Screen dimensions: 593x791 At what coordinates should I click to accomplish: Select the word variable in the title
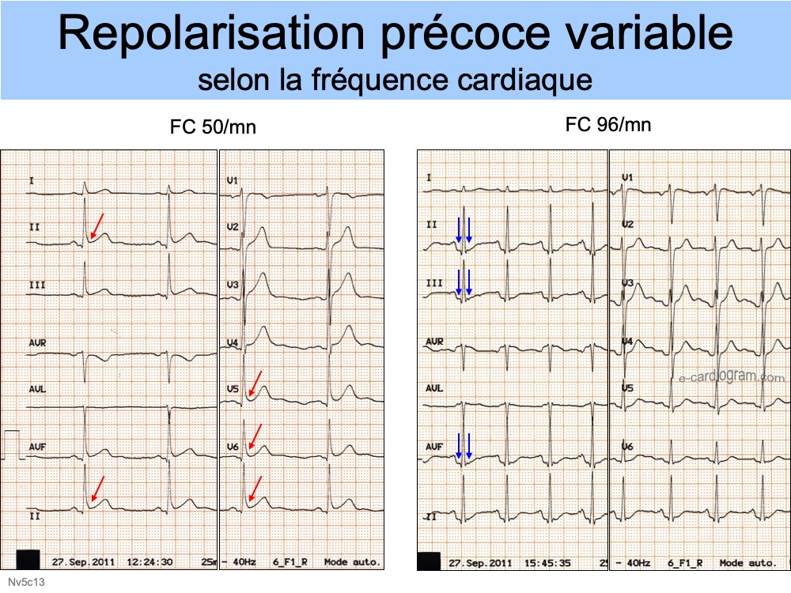pyautogui.click(x=647, y=36)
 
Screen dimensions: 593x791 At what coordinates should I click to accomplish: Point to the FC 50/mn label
pyautogui.click(x=213, y=127)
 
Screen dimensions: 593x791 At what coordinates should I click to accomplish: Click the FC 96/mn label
pyautogui.click(x=608, y=124)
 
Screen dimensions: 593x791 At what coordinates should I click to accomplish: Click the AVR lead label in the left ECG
pyautogui.click(x=37, y=342)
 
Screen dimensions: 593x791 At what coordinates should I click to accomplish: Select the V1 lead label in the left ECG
pyautogui.click(x=232, y=181)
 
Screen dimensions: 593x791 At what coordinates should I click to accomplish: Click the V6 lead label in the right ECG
pyautogui.click(x=627, y=447)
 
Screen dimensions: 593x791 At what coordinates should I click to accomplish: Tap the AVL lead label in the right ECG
pyautogui.click(x=434, y=388)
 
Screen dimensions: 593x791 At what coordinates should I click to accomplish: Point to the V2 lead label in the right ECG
pyautogui.click(x=627, y=225)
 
